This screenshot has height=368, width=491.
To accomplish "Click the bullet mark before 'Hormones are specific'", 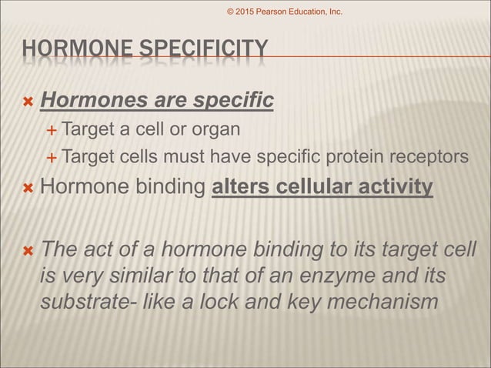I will (28, 101).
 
